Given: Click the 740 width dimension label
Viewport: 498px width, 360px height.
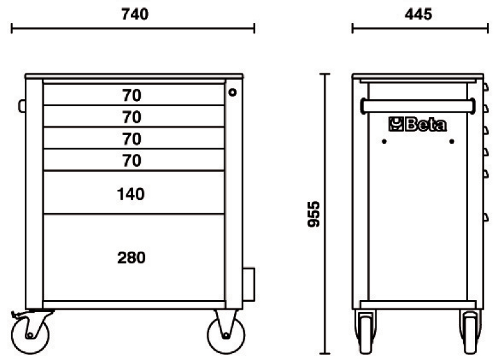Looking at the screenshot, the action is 134,14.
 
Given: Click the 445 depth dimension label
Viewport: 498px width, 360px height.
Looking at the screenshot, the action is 418,14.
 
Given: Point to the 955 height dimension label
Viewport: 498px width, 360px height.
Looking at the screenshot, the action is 314,214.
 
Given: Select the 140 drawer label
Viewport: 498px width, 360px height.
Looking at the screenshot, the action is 131,194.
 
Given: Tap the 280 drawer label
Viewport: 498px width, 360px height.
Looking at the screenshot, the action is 131,258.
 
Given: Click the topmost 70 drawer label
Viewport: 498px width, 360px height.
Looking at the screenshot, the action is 132,95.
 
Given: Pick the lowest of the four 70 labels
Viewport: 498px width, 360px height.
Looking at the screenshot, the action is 132,161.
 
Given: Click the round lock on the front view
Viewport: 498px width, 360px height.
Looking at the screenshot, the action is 232,92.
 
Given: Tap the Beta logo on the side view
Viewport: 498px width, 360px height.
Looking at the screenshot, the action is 417,124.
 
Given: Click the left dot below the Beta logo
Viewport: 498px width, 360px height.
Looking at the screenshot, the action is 384,141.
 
